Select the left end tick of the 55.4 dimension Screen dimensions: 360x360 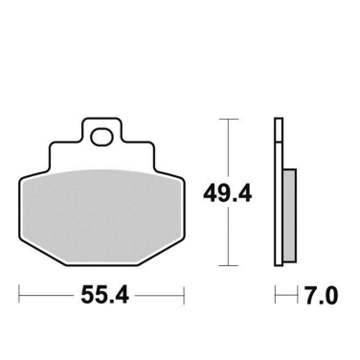click(19, 293)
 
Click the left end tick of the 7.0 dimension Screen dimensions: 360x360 click(276, 293)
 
